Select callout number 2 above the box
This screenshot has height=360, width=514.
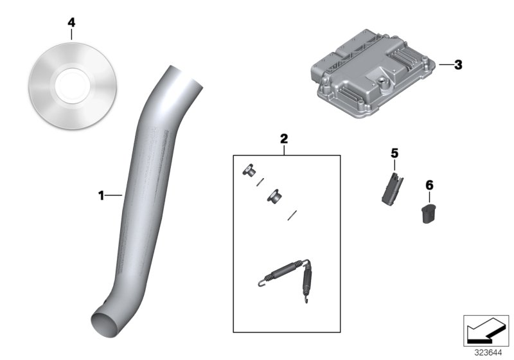[284, 138]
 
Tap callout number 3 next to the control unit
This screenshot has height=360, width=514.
[457, 65]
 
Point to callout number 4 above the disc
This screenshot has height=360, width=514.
[71, 22]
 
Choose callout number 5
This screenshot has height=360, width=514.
[394, 153]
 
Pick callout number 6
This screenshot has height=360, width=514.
[429, 185]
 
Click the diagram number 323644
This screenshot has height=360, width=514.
[488, 353]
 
